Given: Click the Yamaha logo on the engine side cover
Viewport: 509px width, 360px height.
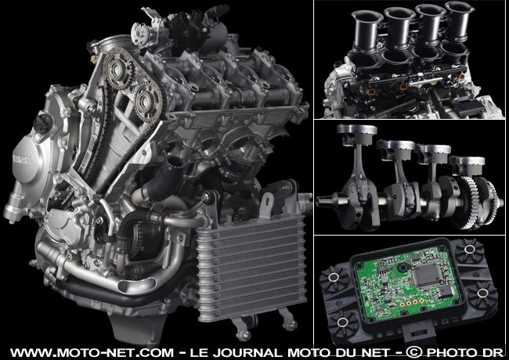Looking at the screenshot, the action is pyautogui.click(x=22, y=160).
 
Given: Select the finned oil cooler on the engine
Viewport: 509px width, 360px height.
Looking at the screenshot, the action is pyautogui.click(x=251, y=266).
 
